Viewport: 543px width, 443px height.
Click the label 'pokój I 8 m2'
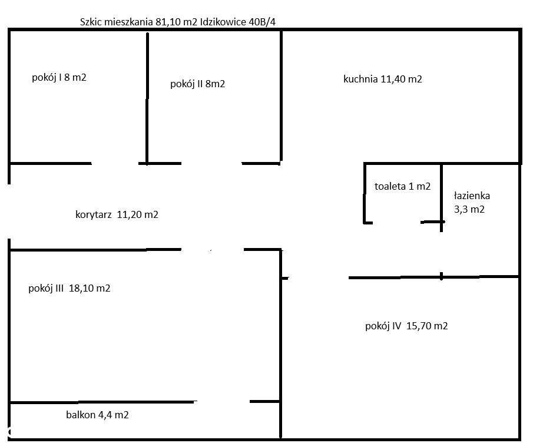pos(59,77)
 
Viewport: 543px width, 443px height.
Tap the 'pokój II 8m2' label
pos(197,84)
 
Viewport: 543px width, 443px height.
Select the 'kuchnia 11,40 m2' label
pos(382,79)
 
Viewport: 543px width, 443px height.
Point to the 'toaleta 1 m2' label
pos(402,186)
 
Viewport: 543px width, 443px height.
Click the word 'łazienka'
pos(472,196)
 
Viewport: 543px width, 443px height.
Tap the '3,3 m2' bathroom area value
pos(469,209)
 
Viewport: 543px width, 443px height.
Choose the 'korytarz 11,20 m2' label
pos(117,214)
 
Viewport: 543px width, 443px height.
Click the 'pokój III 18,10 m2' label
pos(69,289)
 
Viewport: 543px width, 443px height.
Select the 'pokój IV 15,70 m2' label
pos(406,326)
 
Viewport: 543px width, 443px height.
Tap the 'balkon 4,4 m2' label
pos(97,415)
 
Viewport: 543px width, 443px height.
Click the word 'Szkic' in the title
pos(91,22)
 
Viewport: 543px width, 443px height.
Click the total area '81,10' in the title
pos(167,22)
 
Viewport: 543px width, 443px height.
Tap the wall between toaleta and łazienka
pos(442,194)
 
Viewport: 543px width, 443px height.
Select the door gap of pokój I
pos(115,163)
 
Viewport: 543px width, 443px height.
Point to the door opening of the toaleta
pos(397,222)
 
